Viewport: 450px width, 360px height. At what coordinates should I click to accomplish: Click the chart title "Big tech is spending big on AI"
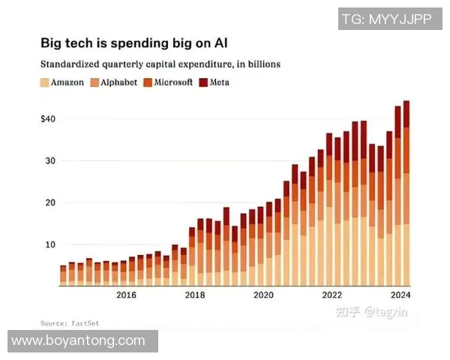(136, 43)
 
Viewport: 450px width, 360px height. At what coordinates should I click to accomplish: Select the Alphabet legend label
(119, 82)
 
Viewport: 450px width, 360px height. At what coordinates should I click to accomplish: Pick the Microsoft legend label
(175, 82)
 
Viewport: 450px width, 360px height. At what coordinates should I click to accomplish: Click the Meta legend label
(219, 82)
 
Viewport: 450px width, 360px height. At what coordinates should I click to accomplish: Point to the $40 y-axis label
(49, 118)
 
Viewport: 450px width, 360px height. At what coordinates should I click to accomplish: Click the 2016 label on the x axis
(126, 295)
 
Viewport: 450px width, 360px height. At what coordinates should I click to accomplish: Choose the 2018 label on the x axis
(195, 295)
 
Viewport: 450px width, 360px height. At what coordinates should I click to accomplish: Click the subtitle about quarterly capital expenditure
(160, 64)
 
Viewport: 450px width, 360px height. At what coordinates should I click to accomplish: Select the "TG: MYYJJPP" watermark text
(386, 19)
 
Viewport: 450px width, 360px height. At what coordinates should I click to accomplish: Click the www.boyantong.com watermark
(79, 340)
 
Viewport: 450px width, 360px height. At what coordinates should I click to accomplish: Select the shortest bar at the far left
(63, 274)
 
